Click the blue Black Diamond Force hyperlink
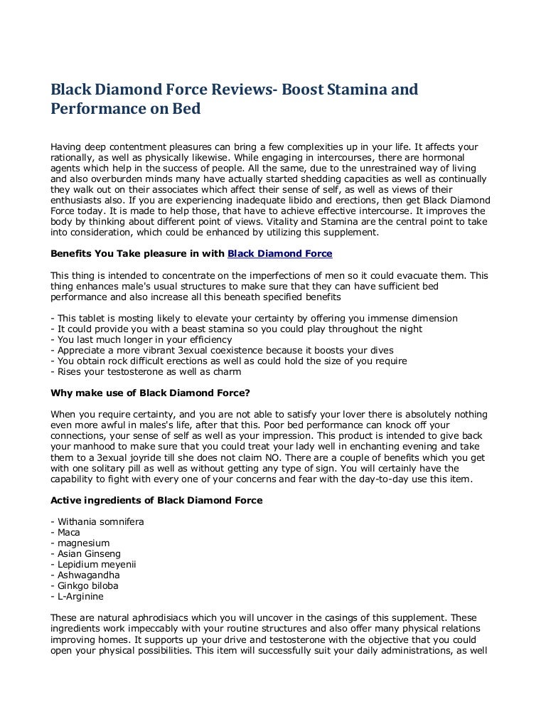pyautogui.click(x=279, y=253)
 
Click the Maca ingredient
pyautogui.click(x=69, y=532)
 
